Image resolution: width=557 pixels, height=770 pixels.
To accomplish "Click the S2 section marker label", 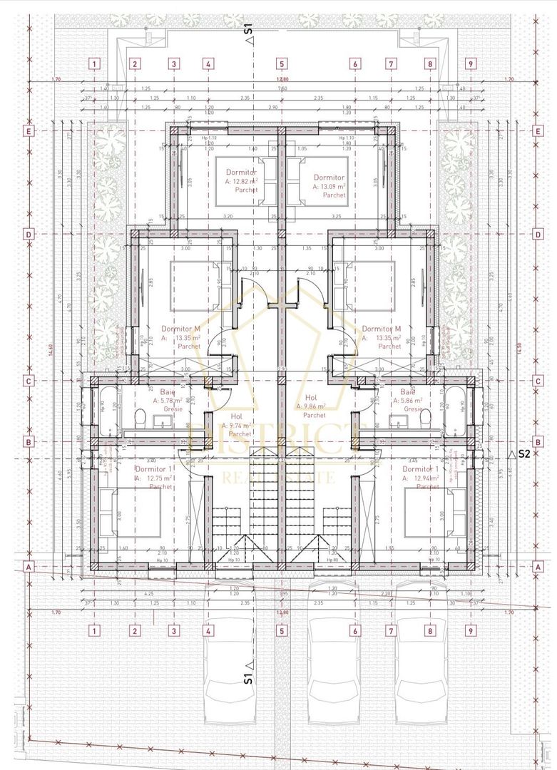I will (x=524, y=453).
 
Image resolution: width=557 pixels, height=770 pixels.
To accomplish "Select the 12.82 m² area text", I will (x=242, y=182).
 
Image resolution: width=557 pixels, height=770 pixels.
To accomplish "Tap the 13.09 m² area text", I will (x=329, y=186).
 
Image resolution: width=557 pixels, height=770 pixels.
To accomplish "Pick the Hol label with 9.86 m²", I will (x=311, y=398).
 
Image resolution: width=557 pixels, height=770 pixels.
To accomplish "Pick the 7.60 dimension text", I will (x=282, y=89).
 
